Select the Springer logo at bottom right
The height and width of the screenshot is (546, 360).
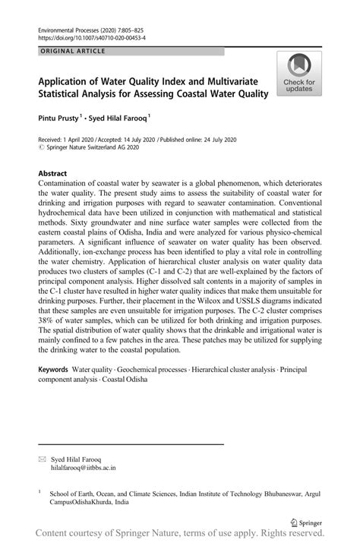[x=308, y=522]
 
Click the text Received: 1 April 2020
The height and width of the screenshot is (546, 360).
[x=71, y=140]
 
